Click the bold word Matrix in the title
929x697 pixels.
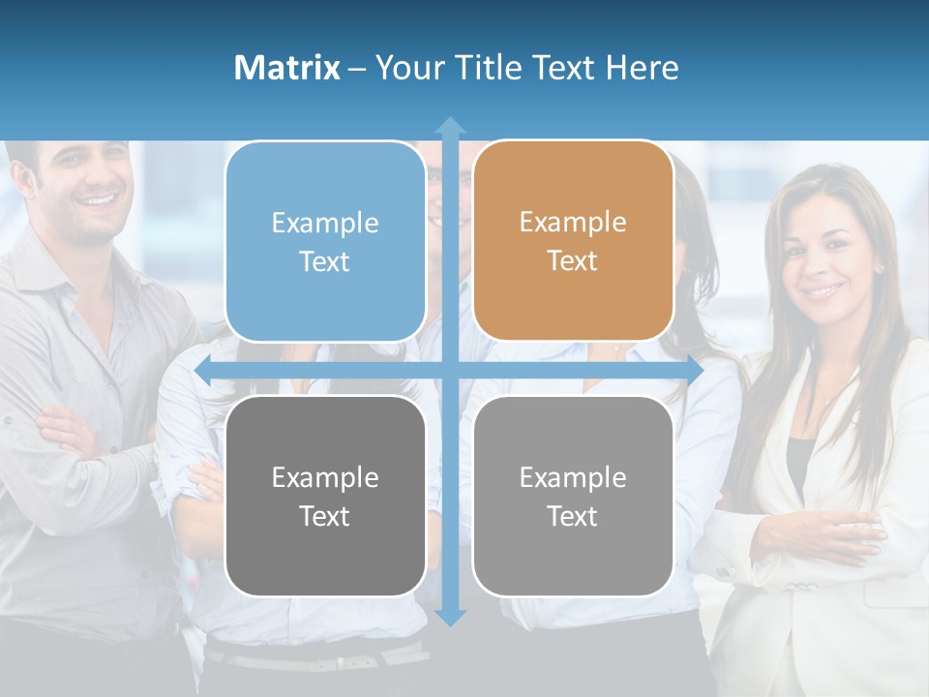[286, 68]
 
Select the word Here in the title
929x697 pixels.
[642, 68]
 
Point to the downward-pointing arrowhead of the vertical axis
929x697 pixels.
[450, 617]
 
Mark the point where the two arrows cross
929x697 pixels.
[450, 370]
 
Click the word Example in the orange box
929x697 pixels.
[573, 223]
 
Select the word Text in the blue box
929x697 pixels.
[325, 262]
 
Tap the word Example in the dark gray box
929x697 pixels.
[325, 477]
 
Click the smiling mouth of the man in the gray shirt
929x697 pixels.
[99, 202]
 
